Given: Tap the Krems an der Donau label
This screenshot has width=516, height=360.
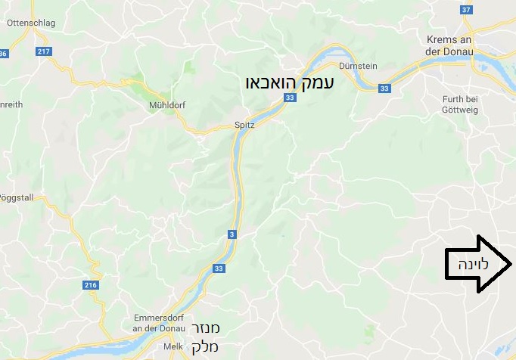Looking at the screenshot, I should (449, 45).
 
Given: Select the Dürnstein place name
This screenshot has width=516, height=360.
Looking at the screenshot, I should (358, 66).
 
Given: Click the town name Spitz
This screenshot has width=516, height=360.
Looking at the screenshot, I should (244, 126).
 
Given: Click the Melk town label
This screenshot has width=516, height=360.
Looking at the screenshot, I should (174, 346).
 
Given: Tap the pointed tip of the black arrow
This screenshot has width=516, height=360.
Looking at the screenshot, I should (512, 264).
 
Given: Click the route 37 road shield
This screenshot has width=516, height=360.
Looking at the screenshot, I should (466, 10).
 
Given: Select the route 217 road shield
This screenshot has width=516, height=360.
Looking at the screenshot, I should (43, 51).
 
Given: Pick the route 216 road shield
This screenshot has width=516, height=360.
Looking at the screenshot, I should (91, 285).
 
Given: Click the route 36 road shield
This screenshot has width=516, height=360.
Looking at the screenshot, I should (4, 54).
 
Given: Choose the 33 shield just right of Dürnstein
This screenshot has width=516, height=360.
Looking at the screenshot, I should (384, 88).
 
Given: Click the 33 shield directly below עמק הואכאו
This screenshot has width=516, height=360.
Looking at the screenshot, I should (290, 98).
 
